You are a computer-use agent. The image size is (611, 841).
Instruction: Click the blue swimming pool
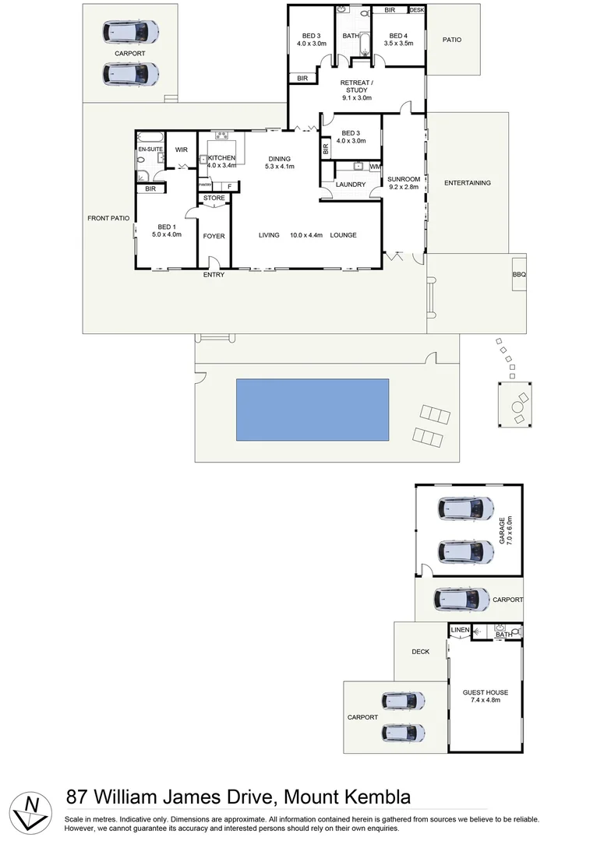click(313, 409)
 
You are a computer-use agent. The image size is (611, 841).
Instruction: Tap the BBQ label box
click(519, 275)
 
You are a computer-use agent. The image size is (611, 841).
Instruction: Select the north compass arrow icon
click(31, 811)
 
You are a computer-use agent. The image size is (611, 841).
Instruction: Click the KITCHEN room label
click(221, 158)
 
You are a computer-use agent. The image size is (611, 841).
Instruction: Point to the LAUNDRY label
click(351, 185)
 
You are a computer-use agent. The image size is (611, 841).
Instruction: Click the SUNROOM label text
click(404, 180)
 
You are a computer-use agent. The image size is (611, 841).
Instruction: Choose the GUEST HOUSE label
click(485, 692)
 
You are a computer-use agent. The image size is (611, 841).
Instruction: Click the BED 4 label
click(398, 36)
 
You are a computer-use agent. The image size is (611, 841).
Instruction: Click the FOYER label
click(214, 235)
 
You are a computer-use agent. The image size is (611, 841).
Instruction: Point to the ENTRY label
click(214, 275)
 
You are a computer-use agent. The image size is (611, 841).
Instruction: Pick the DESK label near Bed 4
click(416, 10)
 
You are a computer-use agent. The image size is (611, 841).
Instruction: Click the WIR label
click(181, 150)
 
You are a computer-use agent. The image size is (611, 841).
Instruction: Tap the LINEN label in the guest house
click(460, 629)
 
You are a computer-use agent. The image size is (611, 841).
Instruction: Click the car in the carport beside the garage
click(462, 600)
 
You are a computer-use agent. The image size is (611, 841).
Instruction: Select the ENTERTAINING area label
click(468, 183)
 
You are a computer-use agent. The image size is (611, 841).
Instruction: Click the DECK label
click(421, 653)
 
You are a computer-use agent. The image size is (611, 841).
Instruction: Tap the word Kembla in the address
click(371, 797)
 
